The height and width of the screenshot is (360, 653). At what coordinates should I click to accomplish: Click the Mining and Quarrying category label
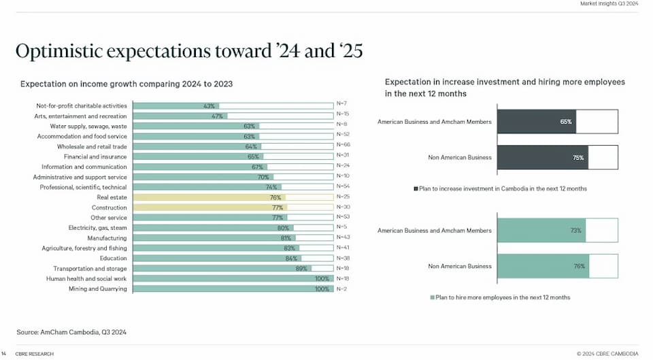point(97,289)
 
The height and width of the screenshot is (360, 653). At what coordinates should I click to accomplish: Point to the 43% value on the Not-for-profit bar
point(209,106)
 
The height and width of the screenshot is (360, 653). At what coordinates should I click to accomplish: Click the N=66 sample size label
point(343,145)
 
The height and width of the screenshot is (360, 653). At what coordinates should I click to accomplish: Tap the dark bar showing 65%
point(537,122)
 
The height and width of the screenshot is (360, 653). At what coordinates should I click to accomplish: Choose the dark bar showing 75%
point(542,157)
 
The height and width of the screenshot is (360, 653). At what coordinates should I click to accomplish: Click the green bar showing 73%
point(541,231)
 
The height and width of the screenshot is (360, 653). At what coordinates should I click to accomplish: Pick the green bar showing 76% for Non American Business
point(543,266)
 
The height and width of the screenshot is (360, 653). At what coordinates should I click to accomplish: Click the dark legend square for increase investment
point(416,189)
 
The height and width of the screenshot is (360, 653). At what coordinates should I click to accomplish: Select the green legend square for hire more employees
point(432,297)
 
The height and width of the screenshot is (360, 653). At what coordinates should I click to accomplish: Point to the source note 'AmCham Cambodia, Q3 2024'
point(71,332)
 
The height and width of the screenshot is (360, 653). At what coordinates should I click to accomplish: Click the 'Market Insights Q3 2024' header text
point(609,4)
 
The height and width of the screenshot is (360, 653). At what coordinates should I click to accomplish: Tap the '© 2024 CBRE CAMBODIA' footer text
point(607,354)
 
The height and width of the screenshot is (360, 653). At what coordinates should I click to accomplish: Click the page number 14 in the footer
point(4,354)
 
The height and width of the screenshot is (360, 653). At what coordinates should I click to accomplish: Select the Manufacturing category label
point(107,238)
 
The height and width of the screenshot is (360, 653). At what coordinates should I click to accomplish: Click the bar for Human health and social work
point(231,279)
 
